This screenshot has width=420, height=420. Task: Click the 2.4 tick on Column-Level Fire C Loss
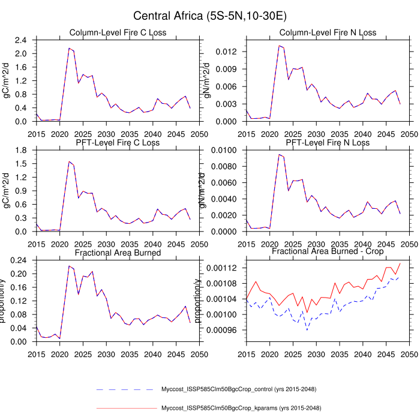[x=22, y=40]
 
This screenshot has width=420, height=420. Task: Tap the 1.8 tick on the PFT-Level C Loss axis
[x=22, y=150]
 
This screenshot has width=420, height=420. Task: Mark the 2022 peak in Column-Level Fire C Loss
[x=69, y=48]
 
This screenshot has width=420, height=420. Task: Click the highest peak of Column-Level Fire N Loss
[x=279, y=46]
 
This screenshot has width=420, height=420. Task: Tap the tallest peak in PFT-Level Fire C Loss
[x=69, y=161]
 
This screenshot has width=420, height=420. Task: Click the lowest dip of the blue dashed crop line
[x=307, y=330]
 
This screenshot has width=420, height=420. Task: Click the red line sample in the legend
[x=126, y=409]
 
